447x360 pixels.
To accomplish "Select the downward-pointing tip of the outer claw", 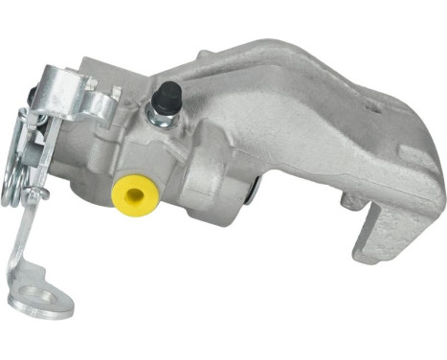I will tap(369, 254).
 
